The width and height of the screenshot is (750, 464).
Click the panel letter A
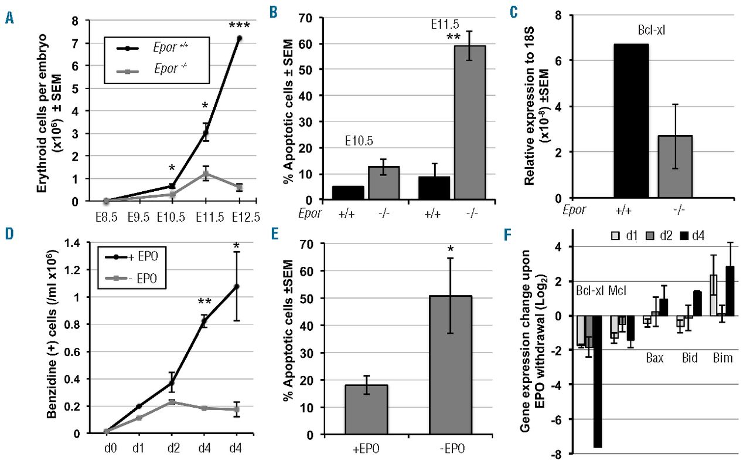(9, 18)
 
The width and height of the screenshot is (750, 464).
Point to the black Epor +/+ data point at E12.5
(238, 38)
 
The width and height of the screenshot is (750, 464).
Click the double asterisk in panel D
(204, 302)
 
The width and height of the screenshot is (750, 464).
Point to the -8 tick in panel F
(562, 453)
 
